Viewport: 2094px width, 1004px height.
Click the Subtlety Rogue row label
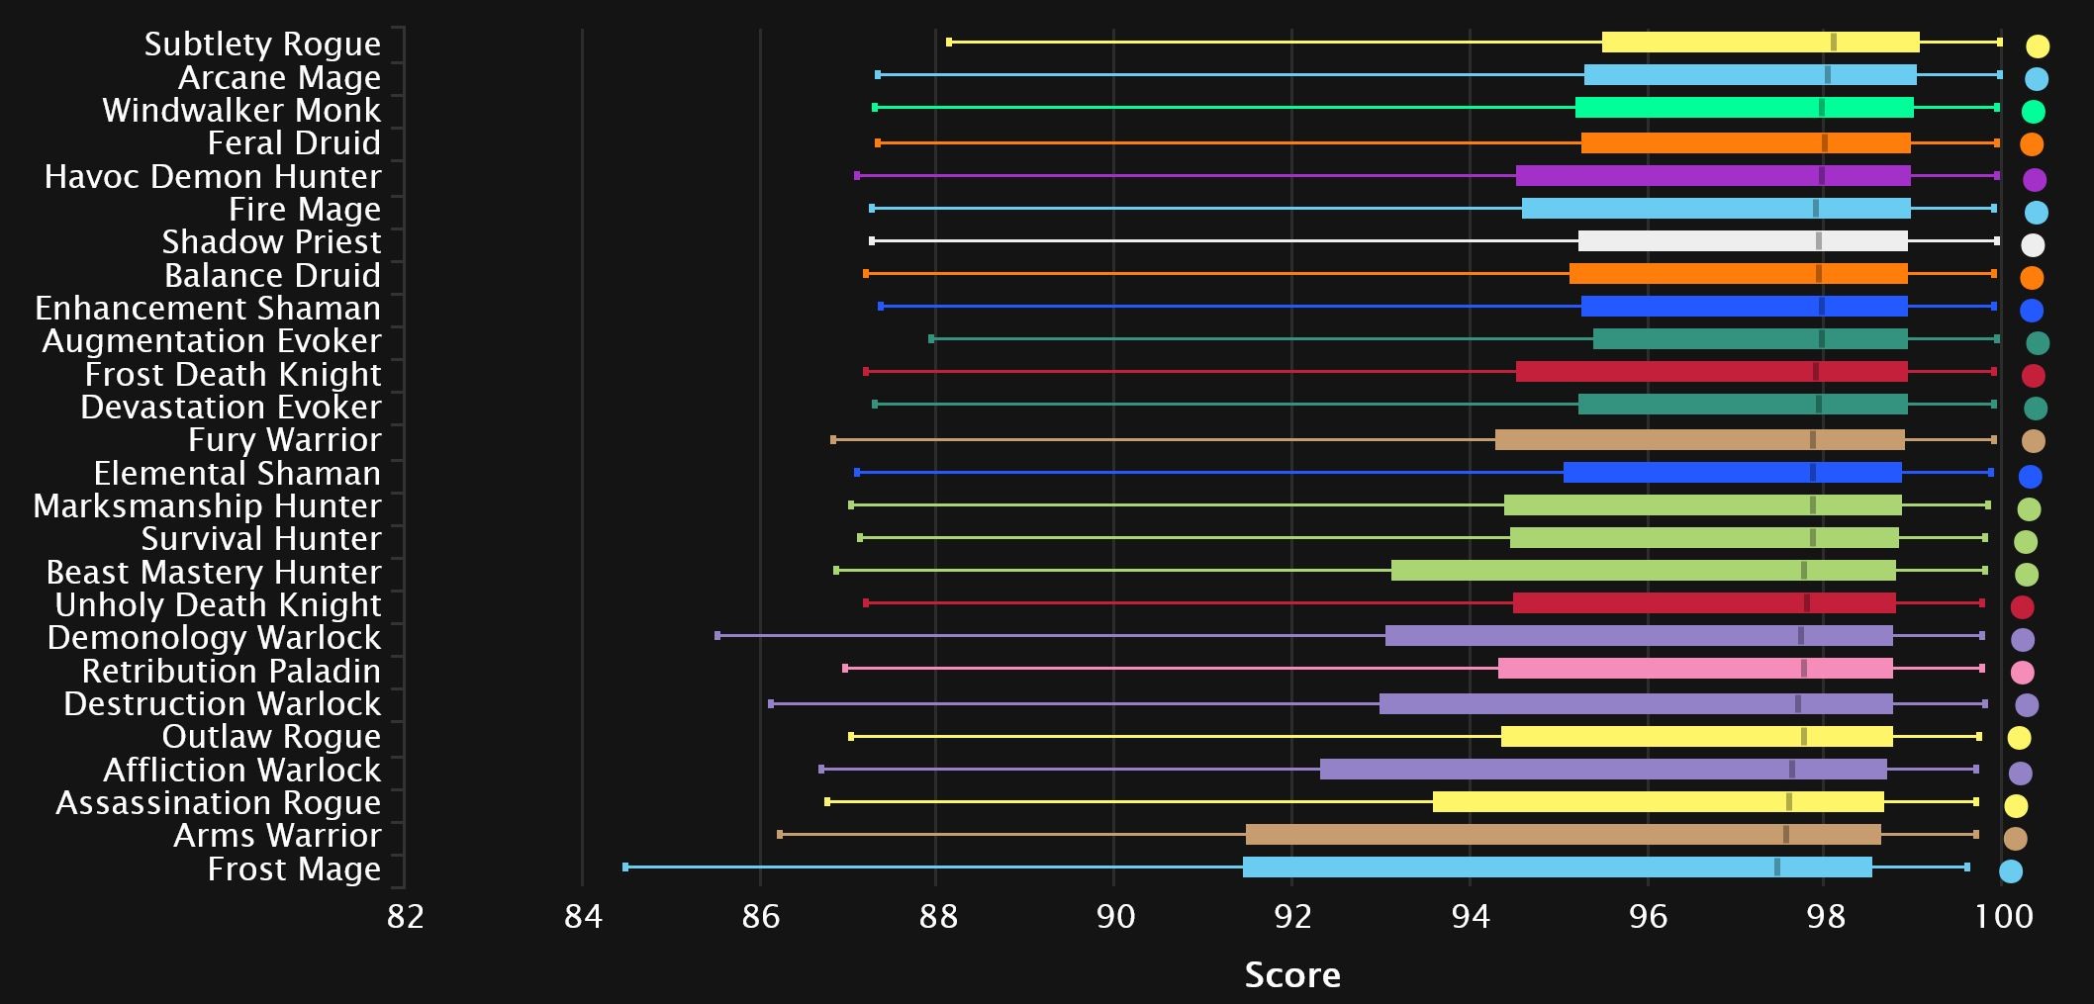coord(262,44)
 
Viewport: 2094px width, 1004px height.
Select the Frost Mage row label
coord(294,868)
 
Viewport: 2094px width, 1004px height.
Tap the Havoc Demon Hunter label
coord(213,176)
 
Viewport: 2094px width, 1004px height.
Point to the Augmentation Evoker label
coord(212,340)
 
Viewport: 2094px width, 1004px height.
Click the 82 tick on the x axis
coord(405,916)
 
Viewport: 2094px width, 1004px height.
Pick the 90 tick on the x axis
coord(1115,916)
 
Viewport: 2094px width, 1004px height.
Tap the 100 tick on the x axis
coord(2004,916)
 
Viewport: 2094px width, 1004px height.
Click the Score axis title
coord(1292,975)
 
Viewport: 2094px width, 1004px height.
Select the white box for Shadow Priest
coord(1743,241)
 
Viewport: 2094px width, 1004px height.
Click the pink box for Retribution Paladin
coord(1695,669)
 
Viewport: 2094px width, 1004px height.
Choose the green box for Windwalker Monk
coord(1745,108)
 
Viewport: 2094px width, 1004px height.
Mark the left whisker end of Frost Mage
coord(625,867)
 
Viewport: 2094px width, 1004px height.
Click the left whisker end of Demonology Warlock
coord(717,635)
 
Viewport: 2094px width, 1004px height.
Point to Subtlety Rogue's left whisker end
coord(949,42)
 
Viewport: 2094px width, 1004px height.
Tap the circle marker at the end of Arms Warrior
coord(2015,839)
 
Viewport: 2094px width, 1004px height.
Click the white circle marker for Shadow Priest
coord(2033,245)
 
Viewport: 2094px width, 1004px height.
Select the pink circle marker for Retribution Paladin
coord(2023,673)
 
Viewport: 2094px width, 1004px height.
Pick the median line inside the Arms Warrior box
coord(1785,835)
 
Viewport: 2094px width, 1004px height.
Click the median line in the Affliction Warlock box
coord(1791,769)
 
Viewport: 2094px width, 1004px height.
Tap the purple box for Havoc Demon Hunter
coord(1713,176)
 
